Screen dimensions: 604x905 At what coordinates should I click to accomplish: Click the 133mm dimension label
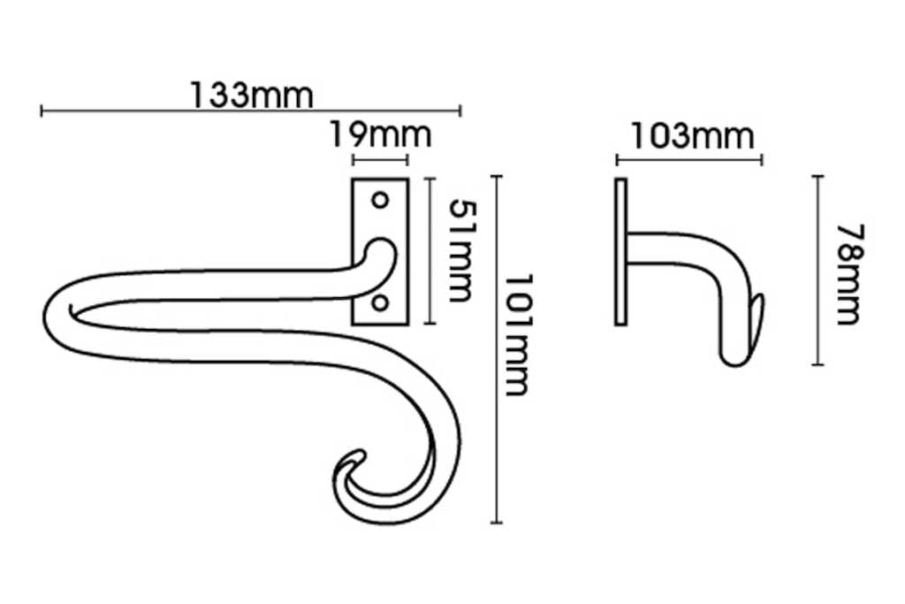(251, 95)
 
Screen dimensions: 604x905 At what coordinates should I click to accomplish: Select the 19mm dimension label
(380, 136)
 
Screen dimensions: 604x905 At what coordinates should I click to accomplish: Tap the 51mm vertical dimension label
(460, 249)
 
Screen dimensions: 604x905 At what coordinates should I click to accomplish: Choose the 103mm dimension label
(692, 136)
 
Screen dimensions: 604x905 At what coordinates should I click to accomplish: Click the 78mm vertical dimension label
(849, 274)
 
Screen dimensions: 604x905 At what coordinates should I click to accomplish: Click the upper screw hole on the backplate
(380, 200)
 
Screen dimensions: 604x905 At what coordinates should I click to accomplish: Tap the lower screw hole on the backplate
(380, 303)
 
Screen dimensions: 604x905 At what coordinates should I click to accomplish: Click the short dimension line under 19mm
(380, 160)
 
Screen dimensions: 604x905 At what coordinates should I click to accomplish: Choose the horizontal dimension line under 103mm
(688, 160)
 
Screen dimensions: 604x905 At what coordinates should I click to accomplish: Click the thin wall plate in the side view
(620, 251)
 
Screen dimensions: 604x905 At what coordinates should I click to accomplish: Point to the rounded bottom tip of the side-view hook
(734, 359)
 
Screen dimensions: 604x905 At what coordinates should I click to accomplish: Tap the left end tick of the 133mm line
(42, 111)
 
